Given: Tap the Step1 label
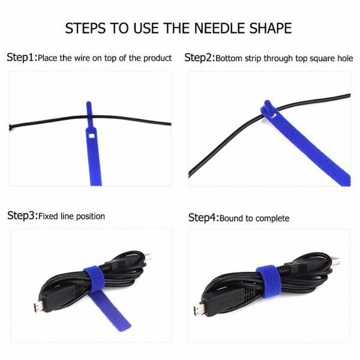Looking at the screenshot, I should coord(22,58).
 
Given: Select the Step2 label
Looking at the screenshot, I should coord(199,58).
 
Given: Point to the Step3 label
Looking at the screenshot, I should coord(22,215).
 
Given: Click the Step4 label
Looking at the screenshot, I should coord(203,217).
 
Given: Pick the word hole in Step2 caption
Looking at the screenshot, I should coord(344,59).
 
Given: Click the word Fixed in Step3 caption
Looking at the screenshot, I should coord(49,216).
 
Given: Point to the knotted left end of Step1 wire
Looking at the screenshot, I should coord(11,127).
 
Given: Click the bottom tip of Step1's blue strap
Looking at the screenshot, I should coord(95,182).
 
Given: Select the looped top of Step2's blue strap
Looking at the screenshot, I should coord(268,109).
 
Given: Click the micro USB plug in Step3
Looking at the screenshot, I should coord(37,307).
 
